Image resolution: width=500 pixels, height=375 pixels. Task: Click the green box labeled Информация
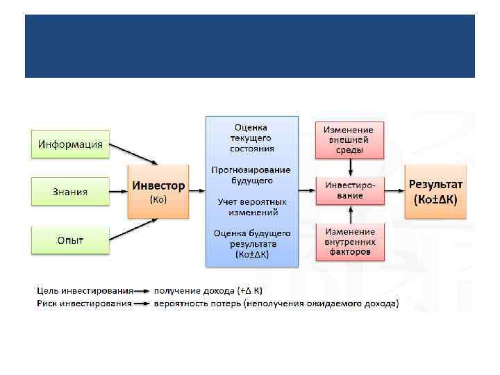tap(70, 144)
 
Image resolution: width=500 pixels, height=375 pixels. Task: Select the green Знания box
tap(70, 192)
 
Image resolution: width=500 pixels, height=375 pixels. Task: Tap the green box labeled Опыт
tap(70, 240)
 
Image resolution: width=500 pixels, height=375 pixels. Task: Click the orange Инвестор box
tap(158, 192)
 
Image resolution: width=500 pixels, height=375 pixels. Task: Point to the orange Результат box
tap(437, 192)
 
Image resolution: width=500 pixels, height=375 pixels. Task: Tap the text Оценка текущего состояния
tap(252, 137)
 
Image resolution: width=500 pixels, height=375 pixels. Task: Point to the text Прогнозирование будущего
tap(252, 175)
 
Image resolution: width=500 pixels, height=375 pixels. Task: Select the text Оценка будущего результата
tap(252, 244)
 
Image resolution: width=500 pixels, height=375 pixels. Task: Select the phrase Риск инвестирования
tap(84, 303)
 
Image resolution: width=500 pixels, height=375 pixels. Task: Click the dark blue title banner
tap(250, 46)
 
